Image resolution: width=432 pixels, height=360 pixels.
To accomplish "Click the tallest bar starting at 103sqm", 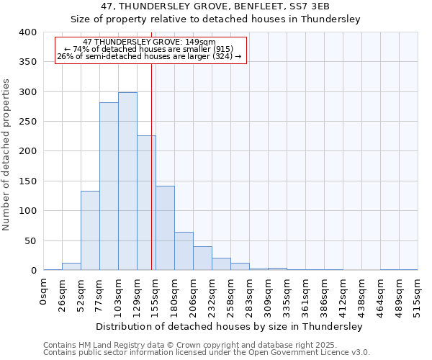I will point(127,181).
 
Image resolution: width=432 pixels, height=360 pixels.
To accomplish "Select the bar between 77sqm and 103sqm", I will point(109,186).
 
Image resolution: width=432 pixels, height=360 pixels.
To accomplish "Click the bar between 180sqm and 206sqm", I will point(184,251).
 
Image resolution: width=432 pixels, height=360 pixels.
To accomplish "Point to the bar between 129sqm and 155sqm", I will point(146,203).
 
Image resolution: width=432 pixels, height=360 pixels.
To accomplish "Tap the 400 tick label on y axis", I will point(27,32).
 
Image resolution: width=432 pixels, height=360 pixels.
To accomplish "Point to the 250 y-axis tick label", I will point(27,122).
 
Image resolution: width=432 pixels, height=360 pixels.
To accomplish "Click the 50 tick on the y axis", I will point(30,241).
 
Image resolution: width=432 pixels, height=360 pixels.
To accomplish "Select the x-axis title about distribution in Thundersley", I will point(230,326).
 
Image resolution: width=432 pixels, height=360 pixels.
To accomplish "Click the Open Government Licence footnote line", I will point(207,353).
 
